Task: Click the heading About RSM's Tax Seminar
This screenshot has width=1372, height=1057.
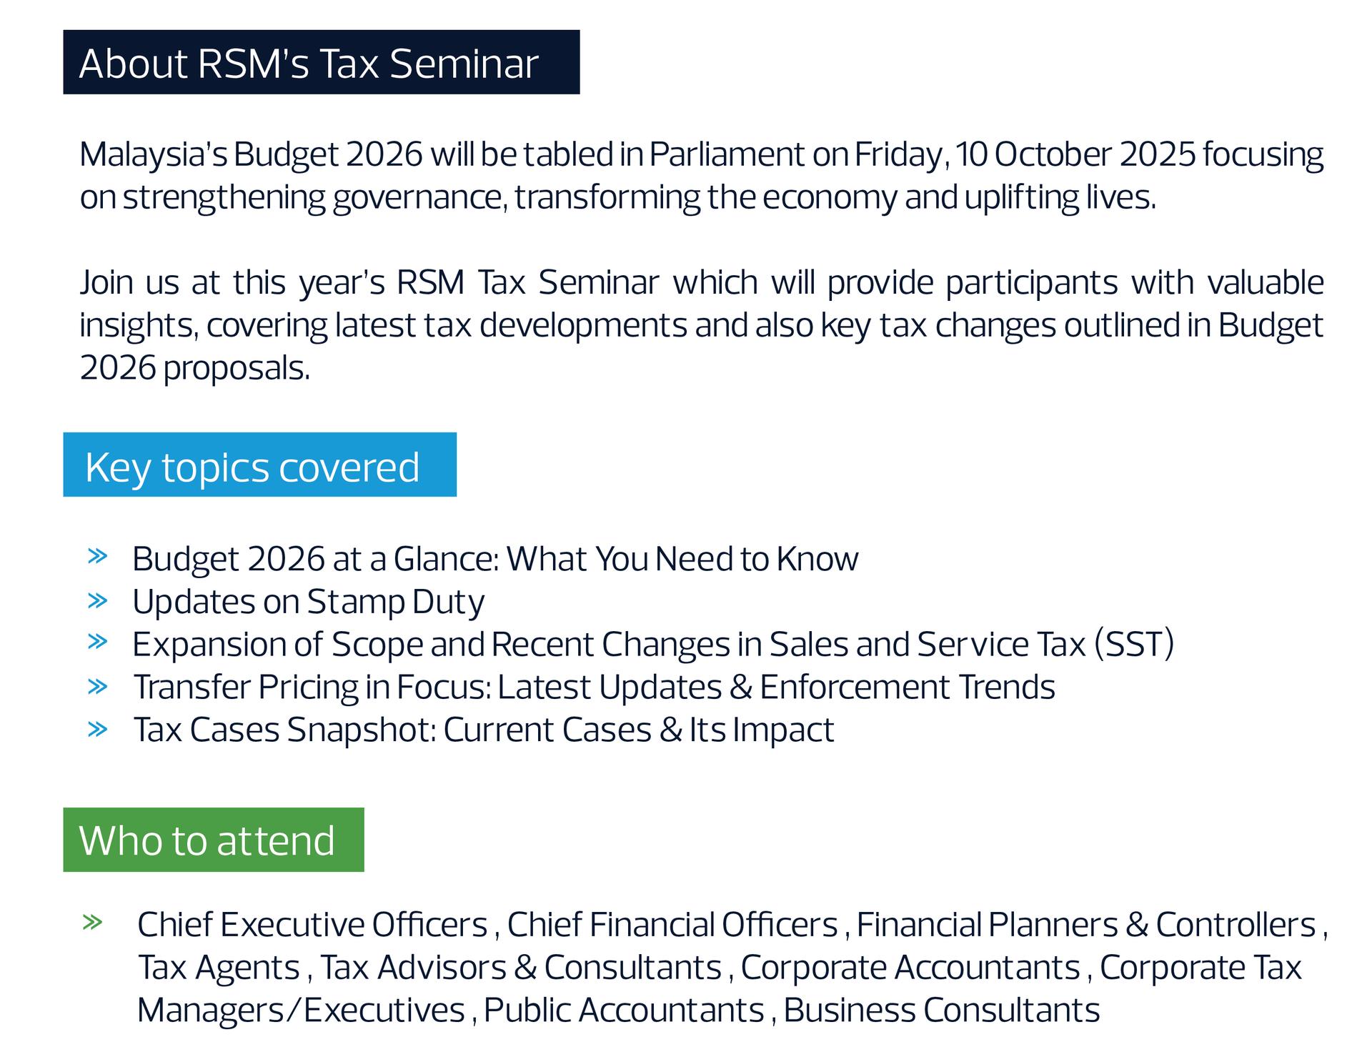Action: (308, 63)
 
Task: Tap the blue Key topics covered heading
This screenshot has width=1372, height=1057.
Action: (252, 468)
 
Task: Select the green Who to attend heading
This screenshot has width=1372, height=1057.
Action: (207, 840)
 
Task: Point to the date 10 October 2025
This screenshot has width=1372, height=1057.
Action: (1075, 154)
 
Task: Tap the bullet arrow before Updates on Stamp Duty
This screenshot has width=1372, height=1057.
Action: (97, 600)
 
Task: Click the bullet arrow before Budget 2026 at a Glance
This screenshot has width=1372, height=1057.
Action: (97, 556)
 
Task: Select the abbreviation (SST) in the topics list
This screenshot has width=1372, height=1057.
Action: (1134, 644)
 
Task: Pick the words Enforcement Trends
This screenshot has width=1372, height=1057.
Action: (908, 687)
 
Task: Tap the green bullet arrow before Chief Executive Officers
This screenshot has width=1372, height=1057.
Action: (93, 923)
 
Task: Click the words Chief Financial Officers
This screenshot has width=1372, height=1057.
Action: (672, 925)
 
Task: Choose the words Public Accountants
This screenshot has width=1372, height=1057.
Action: (624, 1011)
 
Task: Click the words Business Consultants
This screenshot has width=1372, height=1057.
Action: (942, 1011)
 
